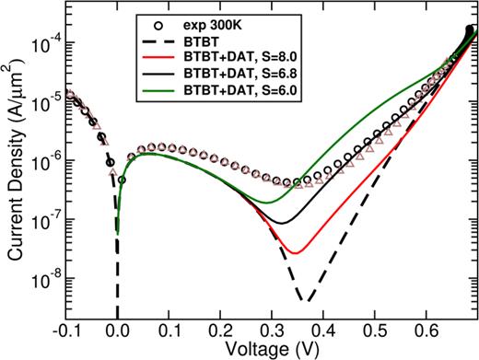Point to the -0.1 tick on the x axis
coord(64,330)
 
